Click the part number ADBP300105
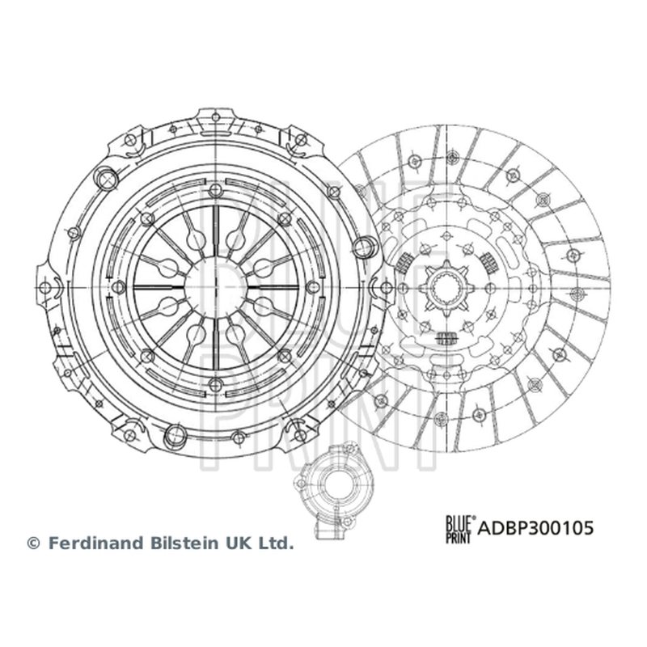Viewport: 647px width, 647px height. pyautogui.click(x=535, y=528)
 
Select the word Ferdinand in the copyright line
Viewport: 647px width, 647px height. pyautogui.click(x=96, y=543)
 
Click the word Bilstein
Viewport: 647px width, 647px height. pyautogui.click(x=184, y=543)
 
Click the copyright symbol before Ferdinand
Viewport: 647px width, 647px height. pyautogui.click(x=33, y=543)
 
